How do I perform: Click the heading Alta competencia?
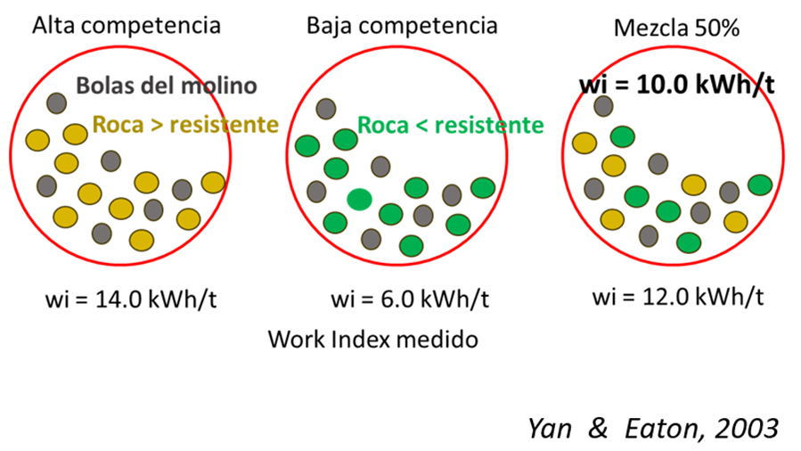[127, 25]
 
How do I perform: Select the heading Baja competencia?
[402, 24]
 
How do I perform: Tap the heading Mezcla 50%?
[677, 28]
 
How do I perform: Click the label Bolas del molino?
[167, 86]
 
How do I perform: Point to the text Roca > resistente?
[185, 124]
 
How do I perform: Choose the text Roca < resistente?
[450, 125]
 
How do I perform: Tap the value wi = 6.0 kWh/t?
[409, 297]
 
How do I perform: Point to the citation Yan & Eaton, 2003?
[653, 428]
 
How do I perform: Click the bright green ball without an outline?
[359, 200]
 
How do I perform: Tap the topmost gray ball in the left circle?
[57, 103]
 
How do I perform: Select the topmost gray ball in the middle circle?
[326, 109]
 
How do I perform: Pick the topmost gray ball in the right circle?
[604, 106]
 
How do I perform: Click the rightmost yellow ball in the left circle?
[212, 183]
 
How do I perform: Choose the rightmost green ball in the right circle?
[759, 184]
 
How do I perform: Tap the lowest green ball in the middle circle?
[411, 245]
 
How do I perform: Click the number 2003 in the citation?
[747, 428]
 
